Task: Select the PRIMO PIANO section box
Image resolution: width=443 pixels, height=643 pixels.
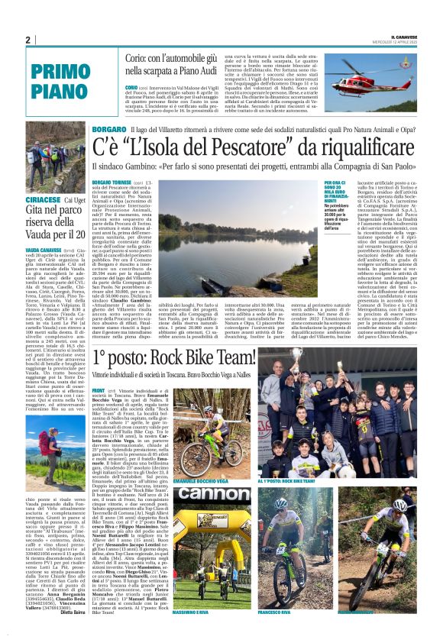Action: (57, 79)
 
